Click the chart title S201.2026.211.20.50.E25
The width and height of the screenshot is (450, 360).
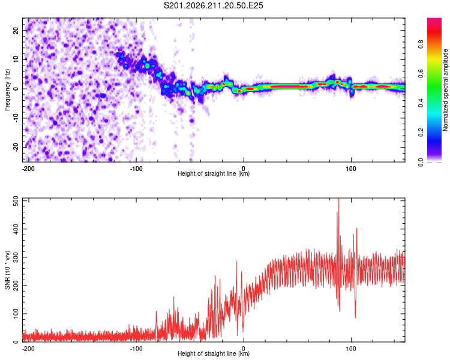[213, 5]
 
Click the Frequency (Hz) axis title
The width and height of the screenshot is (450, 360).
[7, 90]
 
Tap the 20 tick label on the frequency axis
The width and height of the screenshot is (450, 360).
[16, 31]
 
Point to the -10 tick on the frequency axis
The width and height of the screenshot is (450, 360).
[16, 118]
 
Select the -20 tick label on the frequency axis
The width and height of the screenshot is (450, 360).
[16, 147]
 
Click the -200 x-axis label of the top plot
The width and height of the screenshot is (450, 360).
[28, 169]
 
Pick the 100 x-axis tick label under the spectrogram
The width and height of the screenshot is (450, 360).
[351, 169]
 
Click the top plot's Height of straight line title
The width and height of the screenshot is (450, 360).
[214, 173]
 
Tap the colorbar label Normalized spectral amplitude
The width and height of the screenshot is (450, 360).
[445, 90]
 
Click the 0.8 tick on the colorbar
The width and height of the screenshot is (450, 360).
[421, 44]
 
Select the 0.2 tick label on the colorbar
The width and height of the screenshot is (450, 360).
[421, 133]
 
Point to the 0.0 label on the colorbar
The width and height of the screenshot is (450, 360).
[421, 163]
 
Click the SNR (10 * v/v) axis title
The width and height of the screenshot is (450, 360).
[7, 270]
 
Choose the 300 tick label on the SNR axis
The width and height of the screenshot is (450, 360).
[16, 257]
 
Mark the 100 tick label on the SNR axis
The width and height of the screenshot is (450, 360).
[16, 314]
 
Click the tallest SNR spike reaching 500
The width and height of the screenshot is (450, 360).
[339, 199]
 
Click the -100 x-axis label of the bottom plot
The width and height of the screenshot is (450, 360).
[136, 349]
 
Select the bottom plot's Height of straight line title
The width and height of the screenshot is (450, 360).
[214, 353]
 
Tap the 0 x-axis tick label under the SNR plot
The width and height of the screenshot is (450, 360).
[244, 349]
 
